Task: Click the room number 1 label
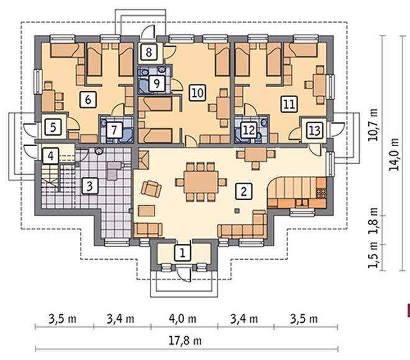pos(183,252)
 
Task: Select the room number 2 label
pos(244,192)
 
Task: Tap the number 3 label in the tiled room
pos(89,186)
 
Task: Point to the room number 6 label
pos(88,99)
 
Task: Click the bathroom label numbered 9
pos(157,84)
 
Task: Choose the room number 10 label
pos(198,93)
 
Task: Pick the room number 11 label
pos(289,104)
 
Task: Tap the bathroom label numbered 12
pos(248,130)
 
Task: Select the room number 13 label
pos(314,130)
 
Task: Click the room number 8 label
pos(149,52)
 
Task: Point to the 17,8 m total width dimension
pos(185,341)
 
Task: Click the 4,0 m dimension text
pos(183,319)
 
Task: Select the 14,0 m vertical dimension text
pos(394,154)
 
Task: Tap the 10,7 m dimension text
pos(373,124)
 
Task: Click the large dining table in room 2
pos(201,182)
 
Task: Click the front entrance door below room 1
pos(183,275)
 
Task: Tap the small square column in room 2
pos(237,210)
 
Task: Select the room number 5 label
pos(53,127)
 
